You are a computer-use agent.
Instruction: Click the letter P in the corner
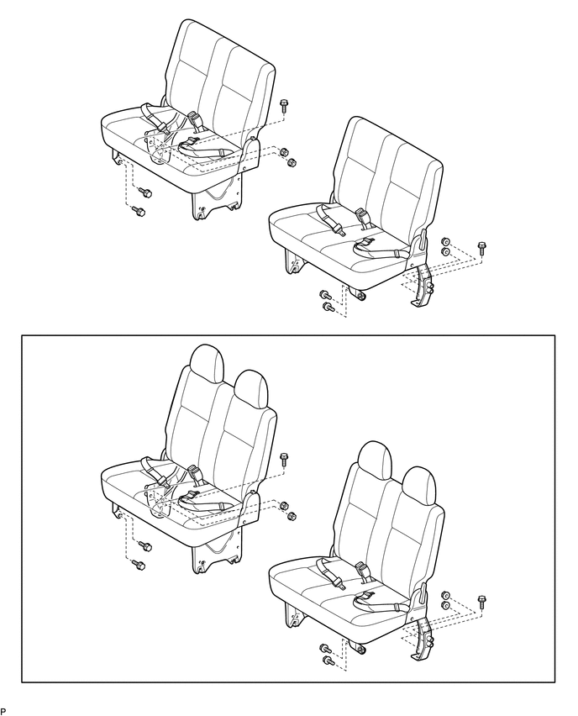pos(3,710)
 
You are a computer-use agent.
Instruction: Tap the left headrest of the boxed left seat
pos(208,362)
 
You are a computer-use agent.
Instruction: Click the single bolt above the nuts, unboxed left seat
pos(283,106)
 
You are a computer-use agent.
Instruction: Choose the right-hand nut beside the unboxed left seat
pos(292,161)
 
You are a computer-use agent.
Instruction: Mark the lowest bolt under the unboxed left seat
pos(139,211)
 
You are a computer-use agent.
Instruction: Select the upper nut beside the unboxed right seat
pos(445,240)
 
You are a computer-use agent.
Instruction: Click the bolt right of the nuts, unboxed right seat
pos(481,248)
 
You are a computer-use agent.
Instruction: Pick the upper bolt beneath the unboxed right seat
pos(323,295)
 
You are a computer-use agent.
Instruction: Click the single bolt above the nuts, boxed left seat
pos(283,459)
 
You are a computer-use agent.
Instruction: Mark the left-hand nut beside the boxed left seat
pos(284,506)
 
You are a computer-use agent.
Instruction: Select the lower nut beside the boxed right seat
pos(445,604)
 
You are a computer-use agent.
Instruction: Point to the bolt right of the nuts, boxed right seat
pos(481,601)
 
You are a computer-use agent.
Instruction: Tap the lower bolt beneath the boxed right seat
pos(328,661)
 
